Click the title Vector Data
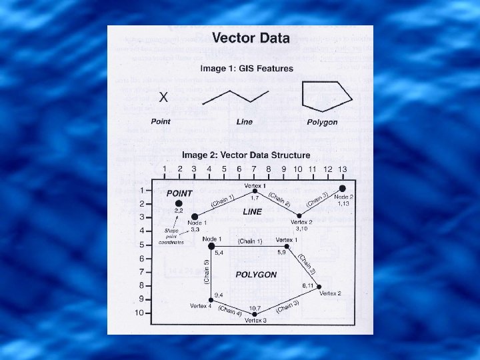click(x=250, y=39)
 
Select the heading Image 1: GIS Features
click(x=246, y=69)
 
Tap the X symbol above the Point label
click(x=163, y=97)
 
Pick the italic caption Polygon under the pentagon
click(x=323, y=122)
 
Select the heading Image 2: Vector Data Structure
click(x=246, y=155)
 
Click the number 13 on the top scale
click(x=343, y=170)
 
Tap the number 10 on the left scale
click(x=139, y=313)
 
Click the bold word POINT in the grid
click(x=179, y=193)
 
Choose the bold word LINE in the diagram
click(x=253, y=211)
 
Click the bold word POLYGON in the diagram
click(x=256, y=275)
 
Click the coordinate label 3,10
click(x=302, y=229)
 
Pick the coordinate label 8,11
click(x=308, y=285)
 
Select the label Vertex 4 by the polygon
click(x=200, y=306)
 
